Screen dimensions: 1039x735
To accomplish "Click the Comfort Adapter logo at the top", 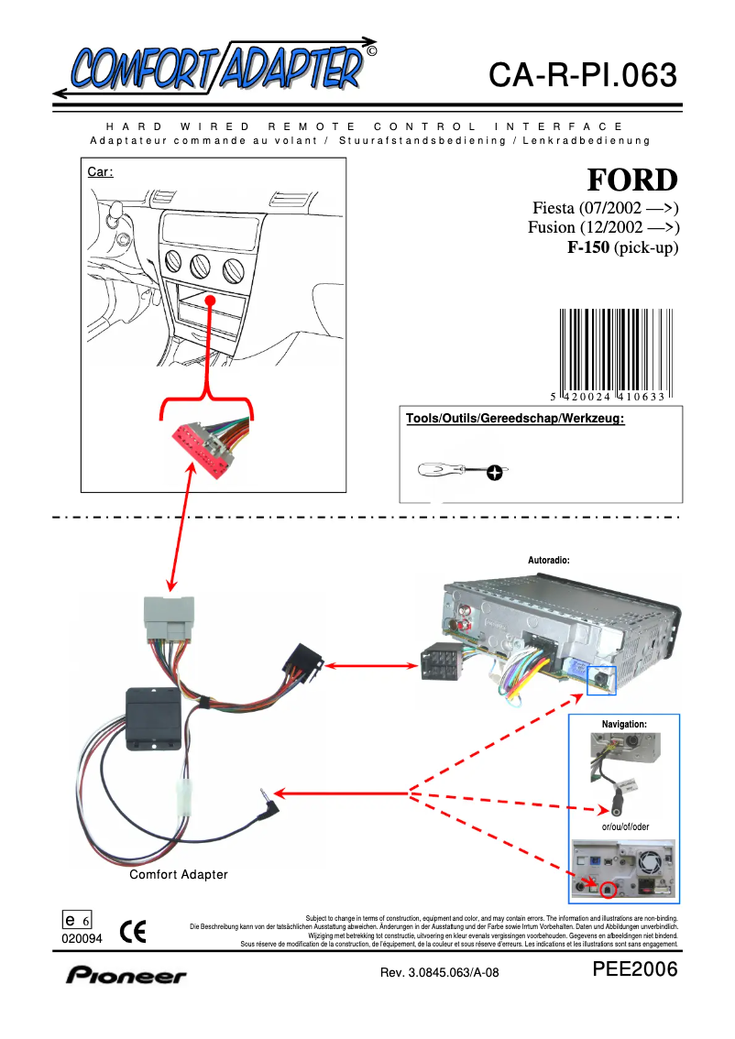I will pyautogui.click(x=215, y=67).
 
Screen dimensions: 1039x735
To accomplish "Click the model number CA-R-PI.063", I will pyautogui.click(x=583, y=75).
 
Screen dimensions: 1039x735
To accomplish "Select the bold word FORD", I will pyautogui.click(x=632, y=179).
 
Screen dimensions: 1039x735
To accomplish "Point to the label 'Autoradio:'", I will pyautogui.click(x=549, y=559).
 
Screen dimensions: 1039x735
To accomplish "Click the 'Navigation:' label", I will pyautogui.click(x=623, y=724).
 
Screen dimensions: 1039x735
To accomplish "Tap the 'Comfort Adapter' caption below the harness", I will pyautogui.click(x=178, y=875).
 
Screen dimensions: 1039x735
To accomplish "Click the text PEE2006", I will pyautogui.click(x=635, y=970).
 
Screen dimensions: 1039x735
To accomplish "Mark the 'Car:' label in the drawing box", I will pyautogui.click(x=99, y=171).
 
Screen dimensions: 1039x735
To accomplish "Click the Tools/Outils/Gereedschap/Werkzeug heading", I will pyautogui.click(x=515, y=419).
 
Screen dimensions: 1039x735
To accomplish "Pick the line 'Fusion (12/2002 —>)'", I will pyautogui.click(x=603, y=227).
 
